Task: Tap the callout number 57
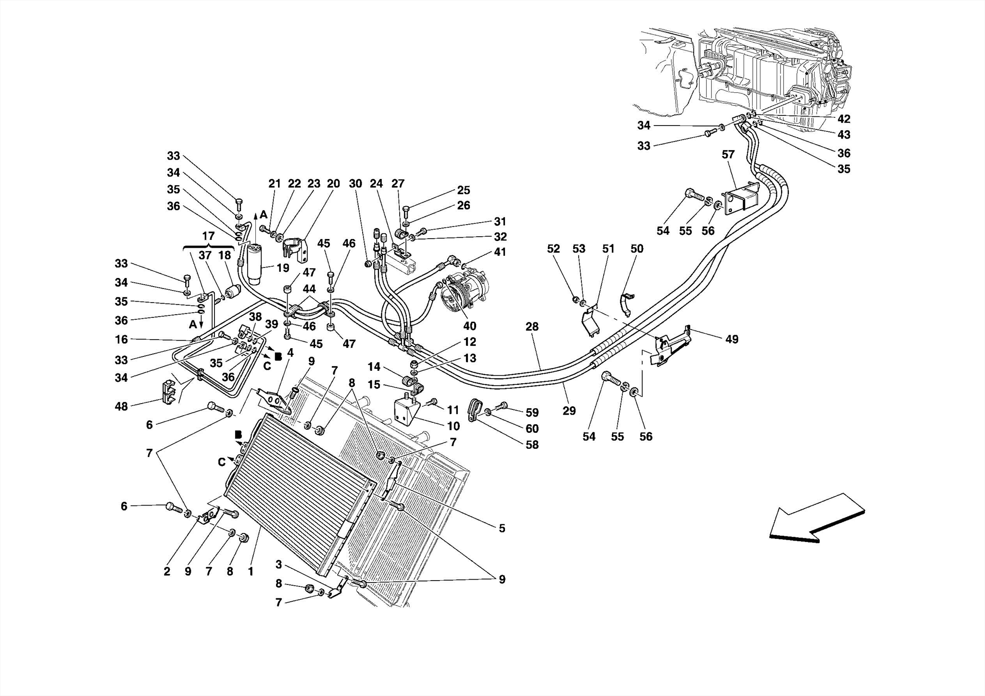(728, 155)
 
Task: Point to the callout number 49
(732, 340)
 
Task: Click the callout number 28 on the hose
(532, 327)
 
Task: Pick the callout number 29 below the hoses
(569, 411)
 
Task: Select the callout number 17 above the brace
(208, 237)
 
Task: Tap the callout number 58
(532, 445)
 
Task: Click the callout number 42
(844, 119)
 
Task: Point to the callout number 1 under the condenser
(251, 572)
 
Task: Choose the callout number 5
(502, 529)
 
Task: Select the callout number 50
(637, 249)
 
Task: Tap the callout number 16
(122, 340)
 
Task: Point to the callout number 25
(463, 190)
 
